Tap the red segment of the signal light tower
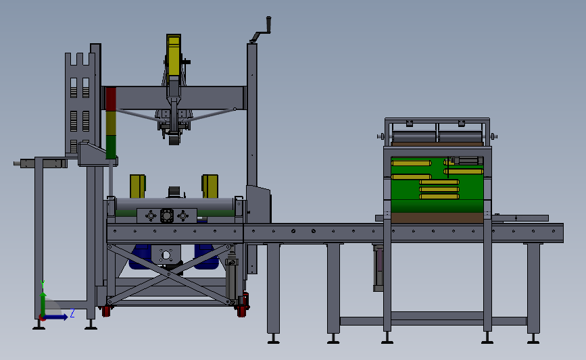click(111, 99)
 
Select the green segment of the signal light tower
click(111, 147)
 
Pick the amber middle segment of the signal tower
click(111, 123)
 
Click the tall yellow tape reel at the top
click(174, 55)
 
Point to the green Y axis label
click(43, 285)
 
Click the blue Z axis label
click(72, 313)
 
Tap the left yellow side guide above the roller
click(137, 186)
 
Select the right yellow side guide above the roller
click(210, 186)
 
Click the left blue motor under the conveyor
click(140, 257)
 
